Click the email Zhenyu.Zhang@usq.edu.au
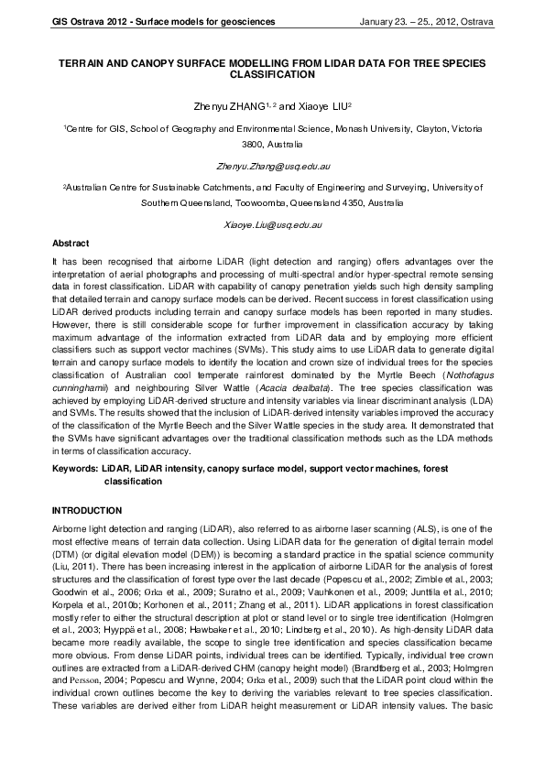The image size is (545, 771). (x=273, y=168)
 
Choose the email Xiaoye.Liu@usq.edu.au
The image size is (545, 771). (x=273, y=224)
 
